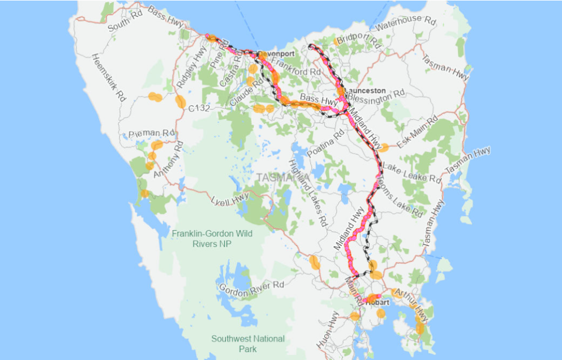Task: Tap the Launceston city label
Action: [x=365, y=90]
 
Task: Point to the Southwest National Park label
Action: [x=247, y=343]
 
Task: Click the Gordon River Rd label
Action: [x=251, y=287]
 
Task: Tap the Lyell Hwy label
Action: [x=229, y=198]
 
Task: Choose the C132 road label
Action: [x=199, y=107]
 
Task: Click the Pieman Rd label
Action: [x=151, y=134]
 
